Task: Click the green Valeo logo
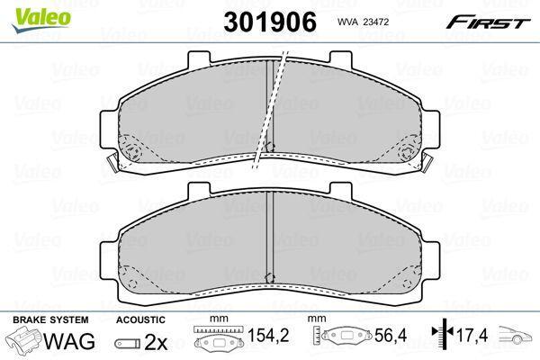(x=41, y=21)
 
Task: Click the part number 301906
(x=270, y=22)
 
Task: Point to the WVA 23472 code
(x=363, y=22)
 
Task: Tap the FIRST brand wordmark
(x=488, y=22)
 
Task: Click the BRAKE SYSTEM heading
(x=50, y=319)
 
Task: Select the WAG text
(x=69, y=341)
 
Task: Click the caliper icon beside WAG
(x=24, y=339)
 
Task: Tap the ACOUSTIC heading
(x=140, y=319)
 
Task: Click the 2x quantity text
(x=156, y=342)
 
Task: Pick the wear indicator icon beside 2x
(x=128, y=344)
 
